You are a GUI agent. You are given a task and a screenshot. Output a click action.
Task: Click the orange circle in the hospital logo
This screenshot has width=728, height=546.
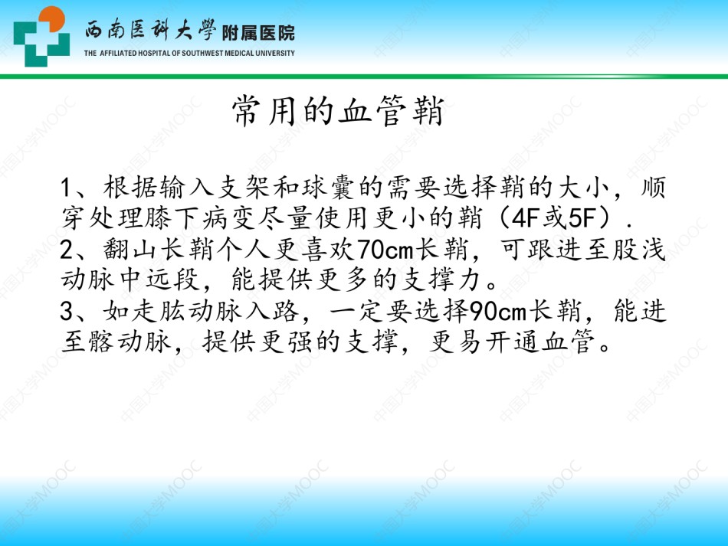coord(51,19)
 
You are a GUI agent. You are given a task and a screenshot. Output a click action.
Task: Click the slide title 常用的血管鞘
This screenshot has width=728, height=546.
coord(338,110)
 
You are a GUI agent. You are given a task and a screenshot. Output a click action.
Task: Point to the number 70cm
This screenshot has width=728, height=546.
coord(385,250)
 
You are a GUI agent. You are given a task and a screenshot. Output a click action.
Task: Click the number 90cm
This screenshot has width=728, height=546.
coord(498,312)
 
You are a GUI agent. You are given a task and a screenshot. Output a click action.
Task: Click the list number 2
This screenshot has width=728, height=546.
coord(67,250)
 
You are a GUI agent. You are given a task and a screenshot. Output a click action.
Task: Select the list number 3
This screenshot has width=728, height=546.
coord(67,312)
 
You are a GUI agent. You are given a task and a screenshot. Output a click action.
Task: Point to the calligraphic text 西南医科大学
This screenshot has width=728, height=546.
coord(150,31)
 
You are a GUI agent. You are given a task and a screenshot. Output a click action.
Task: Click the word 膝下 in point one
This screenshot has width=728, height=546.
coord(172,217)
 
